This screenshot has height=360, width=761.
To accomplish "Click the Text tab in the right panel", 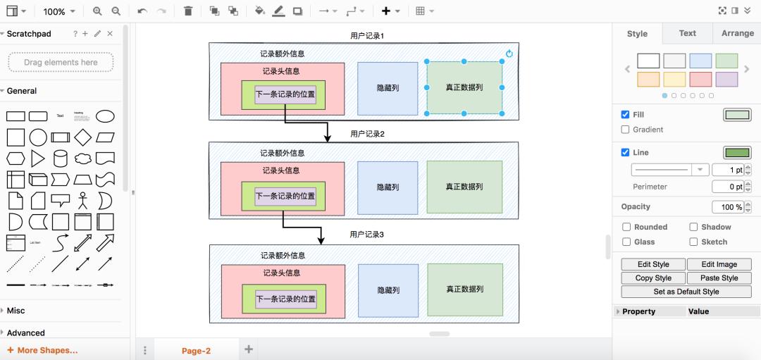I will click(687, 33).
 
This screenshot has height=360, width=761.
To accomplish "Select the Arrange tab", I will click(737, 33).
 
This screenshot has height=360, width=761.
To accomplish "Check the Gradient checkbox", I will click(625, 130).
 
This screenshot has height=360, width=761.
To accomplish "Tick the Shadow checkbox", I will click(693, 227).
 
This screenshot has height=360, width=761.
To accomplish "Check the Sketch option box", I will click(693, 242).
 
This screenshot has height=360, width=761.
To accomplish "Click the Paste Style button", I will click(719, 278).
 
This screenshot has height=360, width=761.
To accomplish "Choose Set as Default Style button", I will click(686, 291).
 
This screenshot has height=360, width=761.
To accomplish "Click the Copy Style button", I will click(653, 278).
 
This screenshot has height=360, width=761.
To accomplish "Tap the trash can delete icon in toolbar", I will click(187, 11).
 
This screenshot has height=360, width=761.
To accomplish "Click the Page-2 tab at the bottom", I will click(196, 350).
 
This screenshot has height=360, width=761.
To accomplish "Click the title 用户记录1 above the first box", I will click(367, 35).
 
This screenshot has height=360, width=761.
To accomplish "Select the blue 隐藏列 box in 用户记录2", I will click(388, 187).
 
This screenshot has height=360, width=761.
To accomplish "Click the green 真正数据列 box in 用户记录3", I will click(464, 289).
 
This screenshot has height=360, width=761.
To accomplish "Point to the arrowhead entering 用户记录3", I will click(321, 240).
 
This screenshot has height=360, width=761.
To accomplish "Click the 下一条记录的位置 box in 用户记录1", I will click(285, 94).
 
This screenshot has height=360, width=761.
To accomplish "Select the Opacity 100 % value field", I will click(727, 207).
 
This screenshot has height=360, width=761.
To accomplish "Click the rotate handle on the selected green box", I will click(509, 54).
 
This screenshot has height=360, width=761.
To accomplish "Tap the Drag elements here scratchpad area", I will click(61, 62).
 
